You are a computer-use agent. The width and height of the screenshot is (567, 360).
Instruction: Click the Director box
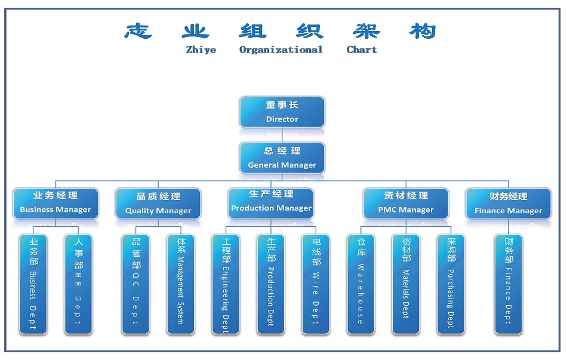pyautogui.click(x=282, y=112)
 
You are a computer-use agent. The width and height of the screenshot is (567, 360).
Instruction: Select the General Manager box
pyautogui.click(x=282, y=158)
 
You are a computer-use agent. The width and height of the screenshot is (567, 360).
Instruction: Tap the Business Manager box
pyautogui.click(x=56, y=203)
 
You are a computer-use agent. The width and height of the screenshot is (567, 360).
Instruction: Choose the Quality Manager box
pyautogui.click(x=158, y=204)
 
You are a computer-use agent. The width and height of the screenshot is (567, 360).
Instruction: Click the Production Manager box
pyautogui.click(x=271, y=202)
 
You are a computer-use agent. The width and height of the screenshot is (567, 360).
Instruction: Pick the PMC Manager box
pyautogui.click(x=406, y=203)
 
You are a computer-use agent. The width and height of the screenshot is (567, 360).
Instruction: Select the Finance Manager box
pyautogui.click(x=509, y=204)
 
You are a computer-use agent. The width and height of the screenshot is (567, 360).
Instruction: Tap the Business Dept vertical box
pyautogui.click(x=33, y=284)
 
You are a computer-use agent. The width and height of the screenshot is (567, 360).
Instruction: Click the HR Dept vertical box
pyautogui.click(x=78, y=284)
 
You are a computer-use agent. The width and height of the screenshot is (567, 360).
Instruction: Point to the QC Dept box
pyautogui.click(x=135, y=284)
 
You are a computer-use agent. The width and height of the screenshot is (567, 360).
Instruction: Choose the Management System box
pyautogui.click(x=180, y=284)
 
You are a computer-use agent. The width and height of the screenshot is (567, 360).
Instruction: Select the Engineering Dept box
pyautogui.click(x=226, y=284)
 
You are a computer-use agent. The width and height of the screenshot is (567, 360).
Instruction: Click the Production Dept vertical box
pyautogui.click(x=271, y=284)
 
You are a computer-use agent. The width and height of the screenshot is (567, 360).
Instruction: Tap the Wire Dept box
pyautogui.click(x=316, y=284)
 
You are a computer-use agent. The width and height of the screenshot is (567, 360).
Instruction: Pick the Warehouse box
pyautogui.click(x=361, y=284)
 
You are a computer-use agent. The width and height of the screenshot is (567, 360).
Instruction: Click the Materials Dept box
pyautogui.click(x=406, y=284)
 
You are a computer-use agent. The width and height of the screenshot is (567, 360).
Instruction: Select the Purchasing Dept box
pyautogui.click(x=451, y=284)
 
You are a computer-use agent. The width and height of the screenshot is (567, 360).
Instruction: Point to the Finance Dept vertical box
pyautogui.click(x=509, y=284)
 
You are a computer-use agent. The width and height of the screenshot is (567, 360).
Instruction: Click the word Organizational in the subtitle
pyautogui.click(x=281, y=50)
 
